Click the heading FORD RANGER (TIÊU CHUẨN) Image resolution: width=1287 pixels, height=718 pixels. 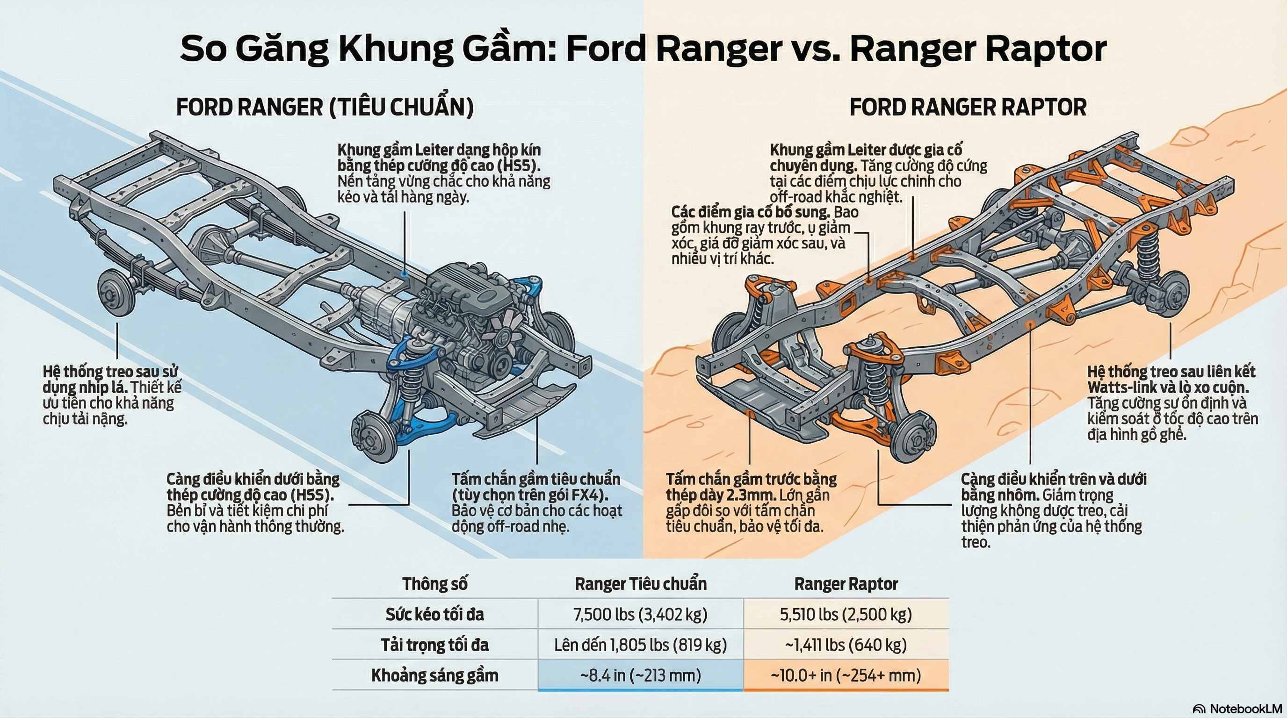(x=325, y=108)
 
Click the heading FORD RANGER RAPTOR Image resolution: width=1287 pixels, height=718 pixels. (x=968, y=108)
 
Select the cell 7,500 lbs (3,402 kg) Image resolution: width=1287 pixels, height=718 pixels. (x=641, y=614)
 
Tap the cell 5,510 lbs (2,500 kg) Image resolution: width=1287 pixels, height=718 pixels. (x=846, y=614)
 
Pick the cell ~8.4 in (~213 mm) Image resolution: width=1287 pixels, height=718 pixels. (x=641, y=675)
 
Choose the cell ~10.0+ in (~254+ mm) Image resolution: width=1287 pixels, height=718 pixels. (x=846, y=675)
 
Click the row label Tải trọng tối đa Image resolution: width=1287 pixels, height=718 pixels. (x=434, y=645)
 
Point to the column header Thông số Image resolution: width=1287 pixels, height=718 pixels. (x=434, y=584)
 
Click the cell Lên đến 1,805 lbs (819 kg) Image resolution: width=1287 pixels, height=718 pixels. (x=641, y=645)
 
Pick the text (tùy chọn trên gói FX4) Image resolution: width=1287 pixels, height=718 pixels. (x=530, y=495)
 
